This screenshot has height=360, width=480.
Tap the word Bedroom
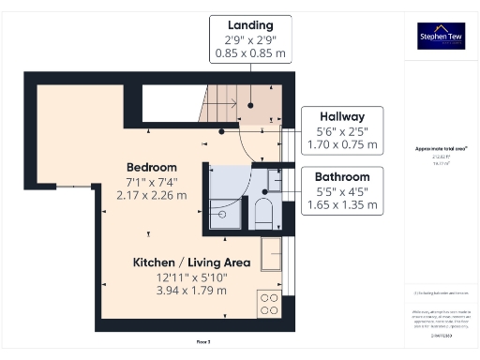tap(152, 166)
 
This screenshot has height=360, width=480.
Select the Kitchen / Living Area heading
tap(178, 262)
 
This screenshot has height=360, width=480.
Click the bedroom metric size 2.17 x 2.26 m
tap(152, 195)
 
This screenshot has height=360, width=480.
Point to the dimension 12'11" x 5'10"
tap(178, 277)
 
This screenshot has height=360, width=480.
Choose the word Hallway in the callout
tap(341, 115)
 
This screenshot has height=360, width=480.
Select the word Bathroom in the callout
tap(341, 176)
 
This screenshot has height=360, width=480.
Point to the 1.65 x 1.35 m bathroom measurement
tap(341, 205)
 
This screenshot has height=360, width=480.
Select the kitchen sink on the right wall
tap(271, 253)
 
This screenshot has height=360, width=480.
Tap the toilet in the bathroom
tap(263, 211)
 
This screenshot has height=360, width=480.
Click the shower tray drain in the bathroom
tap(222, 214)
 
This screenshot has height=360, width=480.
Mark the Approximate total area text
tap(441, 148)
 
